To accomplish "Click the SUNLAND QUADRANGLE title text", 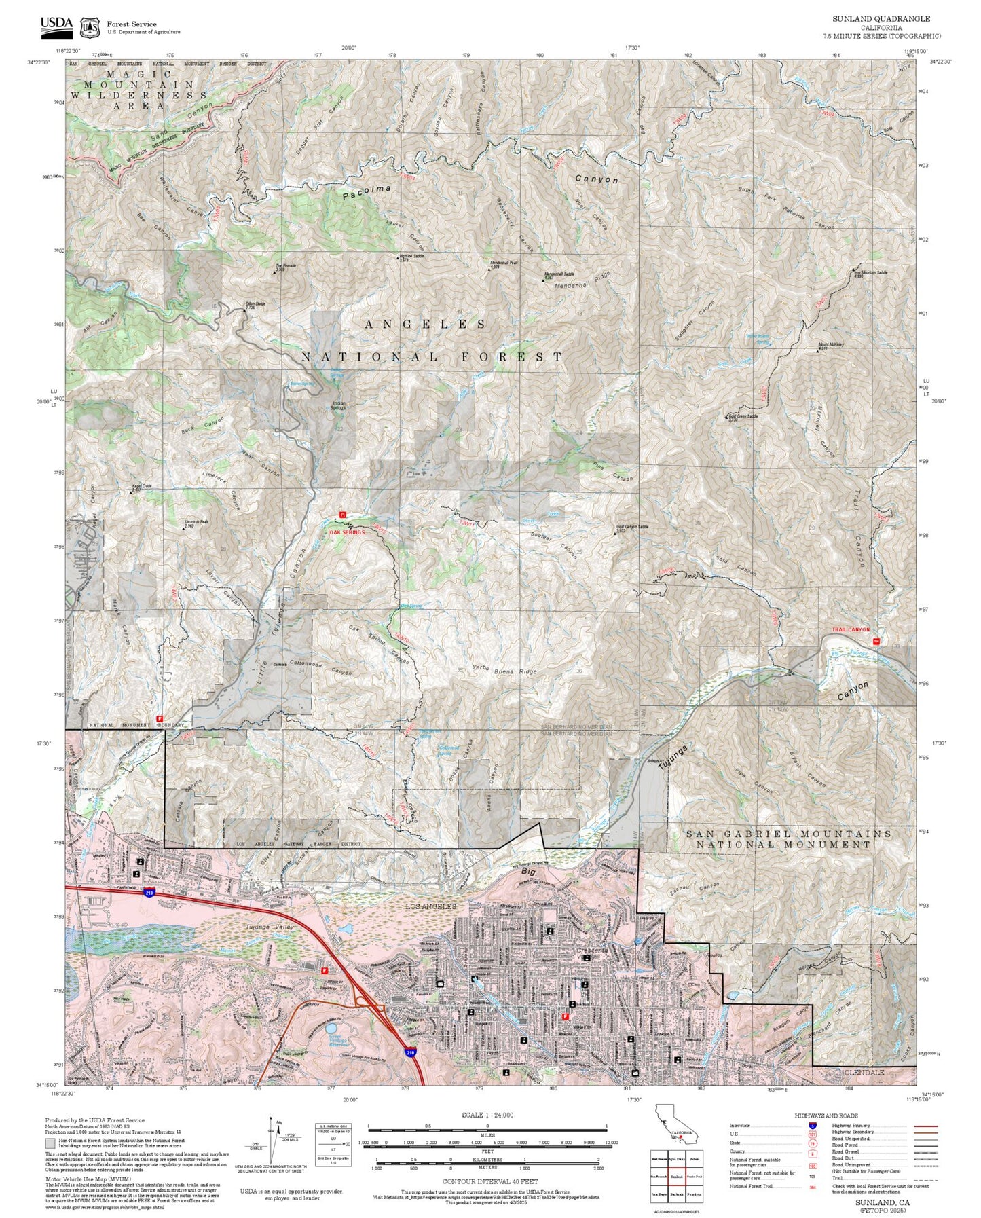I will [x=881, y=19].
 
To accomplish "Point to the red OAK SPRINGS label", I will [x=347, y=532].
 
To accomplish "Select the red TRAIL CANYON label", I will [x=850, y=629].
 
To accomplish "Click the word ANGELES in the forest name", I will [x=425, y=325].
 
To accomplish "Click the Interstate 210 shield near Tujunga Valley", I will [x=149, y=892].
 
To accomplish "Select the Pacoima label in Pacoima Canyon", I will [x=367, y=191].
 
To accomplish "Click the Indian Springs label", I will [x=338, y=405].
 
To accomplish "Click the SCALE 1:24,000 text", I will [x=487, y=1115].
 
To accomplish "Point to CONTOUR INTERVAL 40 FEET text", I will [x=487, y=1181].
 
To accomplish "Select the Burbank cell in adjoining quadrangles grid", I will [x=676, y=1194].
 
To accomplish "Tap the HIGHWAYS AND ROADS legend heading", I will [x=826, y=1115].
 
